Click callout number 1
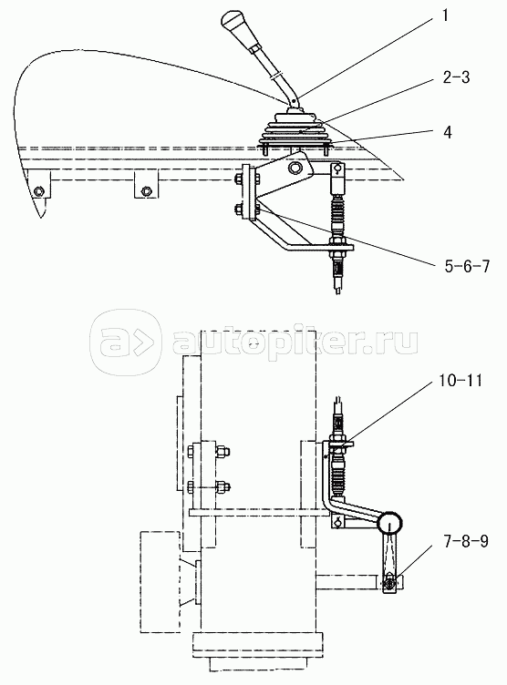[445, 16]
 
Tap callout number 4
[447, 132]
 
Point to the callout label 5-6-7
[467, 266]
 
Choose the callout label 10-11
[459, 381]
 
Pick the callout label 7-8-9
[465, 542]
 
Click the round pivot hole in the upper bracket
[295, 168]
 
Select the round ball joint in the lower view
[389, 522]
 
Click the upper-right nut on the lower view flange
[222, 451]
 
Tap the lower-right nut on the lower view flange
[222, 486]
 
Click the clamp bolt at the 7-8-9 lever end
[389, 582]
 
